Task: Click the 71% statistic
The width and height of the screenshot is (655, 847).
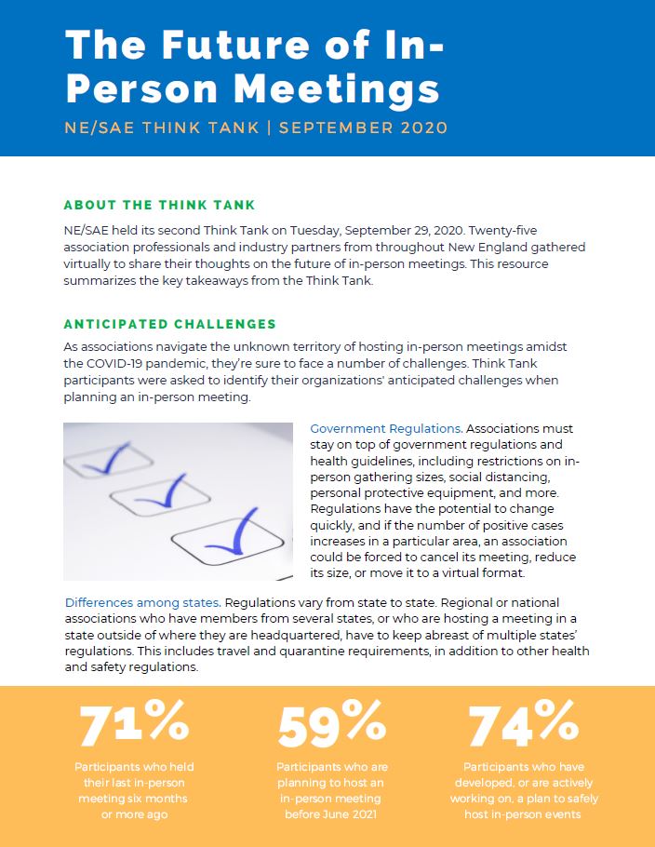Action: [x=134, y=723]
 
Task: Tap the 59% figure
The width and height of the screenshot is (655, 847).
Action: [x=332, y=723]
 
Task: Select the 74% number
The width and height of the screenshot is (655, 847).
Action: [x=524, y=723]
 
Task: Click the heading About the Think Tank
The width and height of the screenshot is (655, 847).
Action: [x=159, y=205]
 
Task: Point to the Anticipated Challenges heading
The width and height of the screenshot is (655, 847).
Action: [x=169, y=324]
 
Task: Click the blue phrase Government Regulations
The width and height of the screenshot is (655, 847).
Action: [x=385, y=429]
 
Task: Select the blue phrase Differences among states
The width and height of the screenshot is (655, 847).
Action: [x=142, y=602]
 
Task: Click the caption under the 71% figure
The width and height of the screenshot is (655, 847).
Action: [x=134, y=790]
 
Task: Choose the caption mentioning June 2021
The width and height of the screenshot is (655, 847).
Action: [x=332, y=790]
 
